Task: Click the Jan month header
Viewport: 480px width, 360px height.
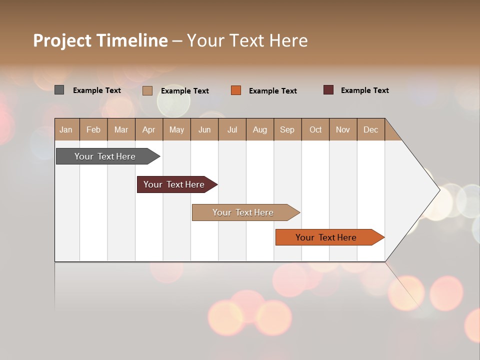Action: [x=66, y=129]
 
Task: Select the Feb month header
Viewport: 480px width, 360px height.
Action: [x=93, y=129]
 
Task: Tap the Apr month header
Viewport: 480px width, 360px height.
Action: [x=148, y=129]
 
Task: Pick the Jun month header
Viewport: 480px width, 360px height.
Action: [x=204, y=129]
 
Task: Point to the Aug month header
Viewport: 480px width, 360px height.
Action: [x=259, y=129]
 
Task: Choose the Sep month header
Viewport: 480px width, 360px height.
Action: [x=287, y=129]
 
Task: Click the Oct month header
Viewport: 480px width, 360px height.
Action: [x=315, y=129]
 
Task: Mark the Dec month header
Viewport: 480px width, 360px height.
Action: [x=370, y=129]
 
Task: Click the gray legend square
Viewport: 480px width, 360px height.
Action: [x=59, y=90]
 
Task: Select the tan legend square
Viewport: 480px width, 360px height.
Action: [x=147, y=90]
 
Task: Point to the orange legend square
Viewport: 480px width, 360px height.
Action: [x=236, y=90]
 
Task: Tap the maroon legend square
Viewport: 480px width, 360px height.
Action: [x=328, y=90]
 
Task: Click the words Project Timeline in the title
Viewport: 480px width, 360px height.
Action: [x=100, y=40]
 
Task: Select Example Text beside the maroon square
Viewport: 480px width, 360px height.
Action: [x=364, y=90]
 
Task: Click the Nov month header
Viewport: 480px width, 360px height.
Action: [x=343, y=129]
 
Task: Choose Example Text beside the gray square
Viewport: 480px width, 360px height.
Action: [x=97, y=90]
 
